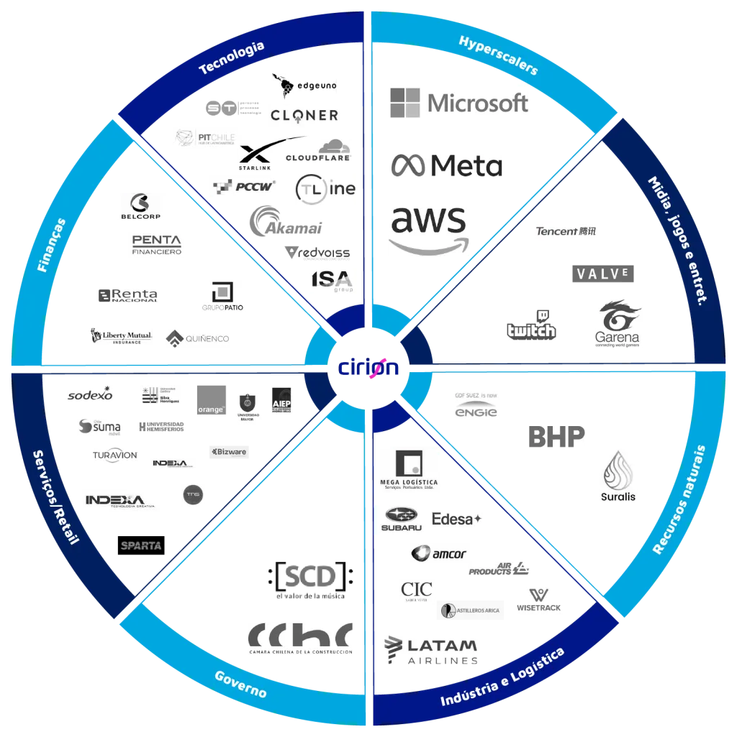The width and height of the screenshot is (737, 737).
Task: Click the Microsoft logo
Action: tap(458, 102)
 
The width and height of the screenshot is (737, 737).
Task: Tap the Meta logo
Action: tap(448, 165)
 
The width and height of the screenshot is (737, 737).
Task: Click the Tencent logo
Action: tap(566, 231)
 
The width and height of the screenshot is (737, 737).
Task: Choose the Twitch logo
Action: tap(532, 325)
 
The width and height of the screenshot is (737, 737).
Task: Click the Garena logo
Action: tap(618, 325)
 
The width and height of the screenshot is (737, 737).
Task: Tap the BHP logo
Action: tap(555, 437)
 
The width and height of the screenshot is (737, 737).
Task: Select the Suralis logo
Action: tap(619, 474)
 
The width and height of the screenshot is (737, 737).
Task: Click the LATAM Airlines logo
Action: tap(429, 651)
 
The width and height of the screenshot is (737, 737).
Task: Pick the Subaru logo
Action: tap(402, 518)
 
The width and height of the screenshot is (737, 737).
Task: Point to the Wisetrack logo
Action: tap(538, 600)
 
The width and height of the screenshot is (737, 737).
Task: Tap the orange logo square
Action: tap(212, 397)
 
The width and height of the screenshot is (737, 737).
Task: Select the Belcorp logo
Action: tap(140, 207)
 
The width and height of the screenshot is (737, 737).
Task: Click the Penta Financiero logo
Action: tap(158, 245)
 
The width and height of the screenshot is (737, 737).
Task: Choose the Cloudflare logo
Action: tap(318, 150)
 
